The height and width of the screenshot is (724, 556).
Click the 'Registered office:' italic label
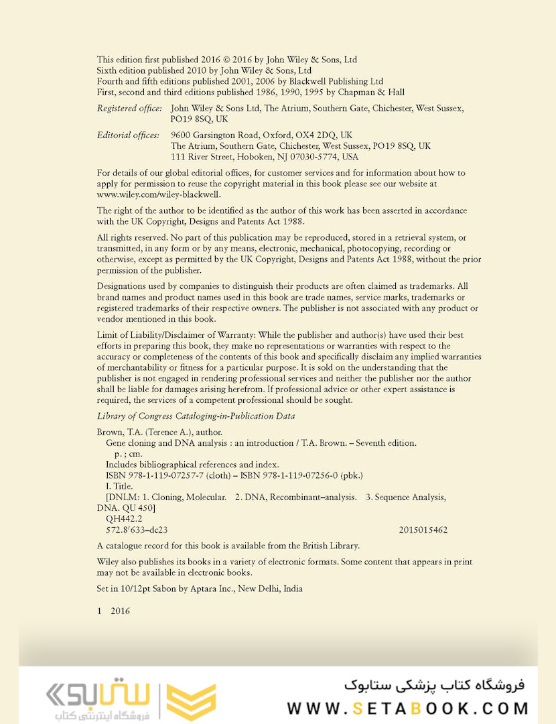pos(129,108)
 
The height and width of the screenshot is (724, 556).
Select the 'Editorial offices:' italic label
pos(128,135)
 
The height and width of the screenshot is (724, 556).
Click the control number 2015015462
pos(423,530)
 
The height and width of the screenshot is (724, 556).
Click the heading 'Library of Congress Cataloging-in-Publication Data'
pos(196,416)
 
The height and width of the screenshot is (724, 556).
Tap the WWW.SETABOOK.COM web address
pos(407,709)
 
